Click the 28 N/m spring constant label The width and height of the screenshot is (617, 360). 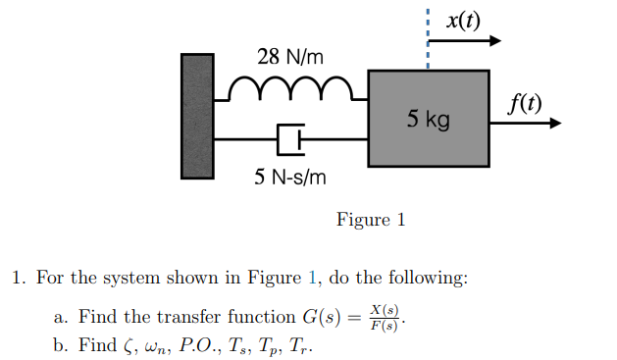[289, 57]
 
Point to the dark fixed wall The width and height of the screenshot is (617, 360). [196, 116]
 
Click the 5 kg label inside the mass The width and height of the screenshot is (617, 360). [429, 120]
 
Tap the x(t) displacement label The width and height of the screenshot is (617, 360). [462, 20]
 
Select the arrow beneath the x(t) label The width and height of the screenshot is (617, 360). [465, 41]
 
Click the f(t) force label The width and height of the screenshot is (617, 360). [524, 102]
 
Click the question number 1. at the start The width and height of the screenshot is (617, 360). [18, 278]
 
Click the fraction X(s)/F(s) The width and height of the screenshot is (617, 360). [385, 319]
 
